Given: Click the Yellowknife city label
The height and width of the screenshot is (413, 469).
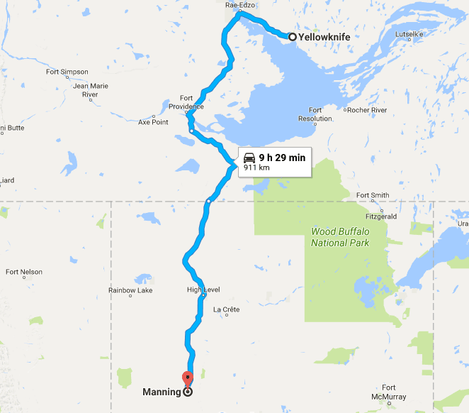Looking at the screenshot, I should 324,37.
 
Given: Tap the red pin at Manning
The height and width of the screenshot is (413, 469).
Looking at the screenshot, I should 187,378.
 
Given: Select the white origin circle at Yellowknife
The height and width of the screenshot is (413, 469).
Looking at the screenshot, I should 292,37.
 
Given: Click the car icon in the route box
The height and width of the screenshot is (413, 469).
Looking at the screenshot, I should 249,158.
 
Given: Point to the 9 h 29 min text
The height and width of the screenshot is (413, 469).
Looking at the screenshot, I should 282,158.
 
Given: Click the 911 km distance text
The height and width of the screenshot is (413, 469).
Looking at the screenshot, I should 256,168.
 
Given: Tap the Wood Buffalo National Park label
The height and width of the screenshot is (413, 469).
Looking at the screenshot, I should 340,237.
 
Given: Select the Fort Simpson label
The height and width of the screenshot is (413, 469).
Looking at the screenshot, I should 67,72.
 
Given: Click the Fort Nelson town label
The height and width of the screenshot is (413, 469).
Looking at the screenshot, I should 24,272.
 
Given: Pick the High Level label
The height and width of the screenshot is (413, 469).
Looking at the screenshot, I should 203,290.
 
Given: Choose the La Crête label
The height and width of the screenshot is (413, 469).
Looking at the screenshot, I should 227,309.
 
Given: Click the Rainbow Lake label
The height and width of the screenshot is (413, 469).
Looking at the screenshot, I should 130,290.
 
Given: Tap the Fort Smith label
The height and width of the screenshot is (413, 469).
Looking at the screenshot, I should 373,195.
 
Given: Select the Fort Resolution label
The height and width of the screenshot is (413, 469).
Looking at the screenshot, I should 315,114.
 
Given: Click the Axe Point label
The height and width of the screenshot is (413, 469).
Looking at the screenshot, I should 153,122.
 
